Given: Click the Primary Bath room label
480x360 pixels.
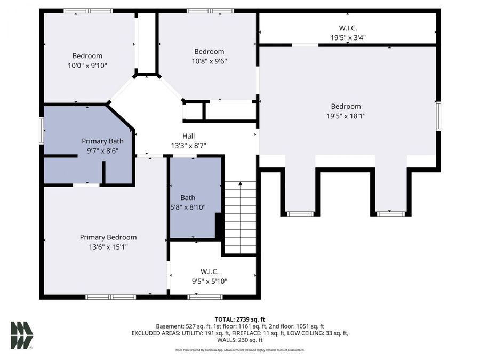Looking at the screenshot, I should (x=102, y=141).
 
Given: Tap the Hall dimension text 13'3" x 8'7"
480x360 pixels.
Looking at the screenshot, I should (x=188, y=146).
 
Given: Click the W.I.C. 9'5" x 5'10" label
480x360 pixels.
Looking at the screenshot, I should (x=210, y=276).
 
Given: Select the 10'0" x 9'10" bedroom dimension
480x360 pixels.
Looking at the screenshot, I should (x=87, y=65).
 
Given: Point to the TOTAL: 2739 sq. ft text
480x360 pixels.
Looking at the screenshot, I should (x=240, y=319).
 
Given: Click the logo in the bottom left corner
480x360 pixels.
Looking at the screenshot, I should (x=22, y=335).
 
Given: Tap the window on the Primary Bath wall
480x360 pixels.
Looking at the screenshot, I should (x=42, y=131).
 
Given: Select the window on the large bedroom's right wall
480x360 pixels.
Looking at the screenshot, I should (x=438, y=116).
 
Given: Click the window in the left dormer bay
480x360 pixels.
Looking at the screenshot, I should (x=300, y=214).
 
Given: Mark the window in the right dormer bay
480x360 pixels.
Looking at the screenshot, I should (x=391, y=214).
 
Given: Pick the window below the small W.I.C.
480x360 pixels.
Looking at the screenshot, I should (x=205, y=297).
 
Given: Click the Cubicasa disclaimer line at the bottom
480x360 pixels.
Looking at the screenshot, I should (x=240, y=350).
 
